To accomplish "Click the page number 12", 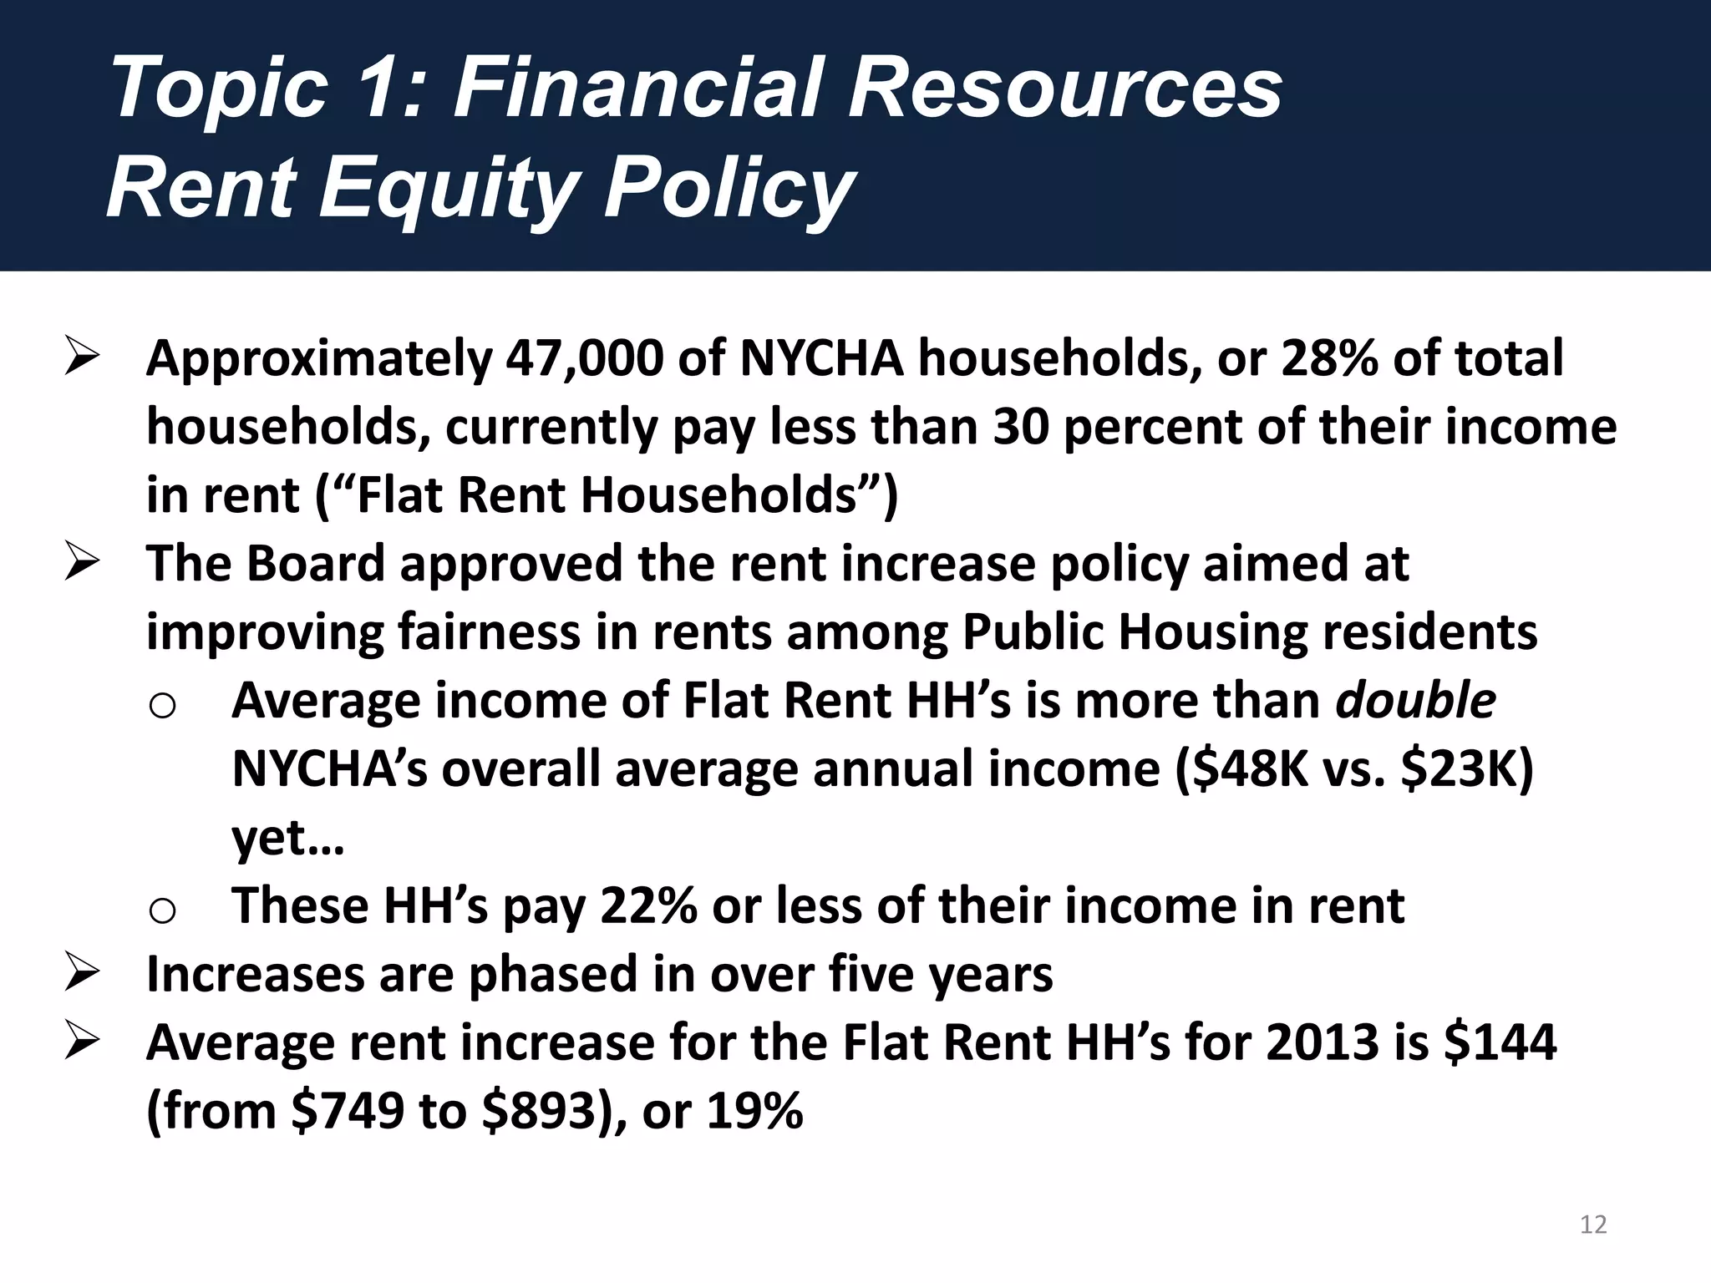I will (x=1593, y=1225).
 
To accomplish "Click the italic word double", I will (x=1415, y=700).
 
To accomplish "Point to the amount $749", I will (x=348, y=1111).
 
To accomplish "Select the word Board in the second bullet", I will (x=315, y=563).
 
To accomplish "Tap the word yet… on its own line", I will (x=287, y=837).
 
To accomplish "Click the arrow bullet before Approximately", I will (x=82, y=360).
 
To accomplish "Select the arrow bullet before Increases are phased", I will (x=82, y=976).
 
